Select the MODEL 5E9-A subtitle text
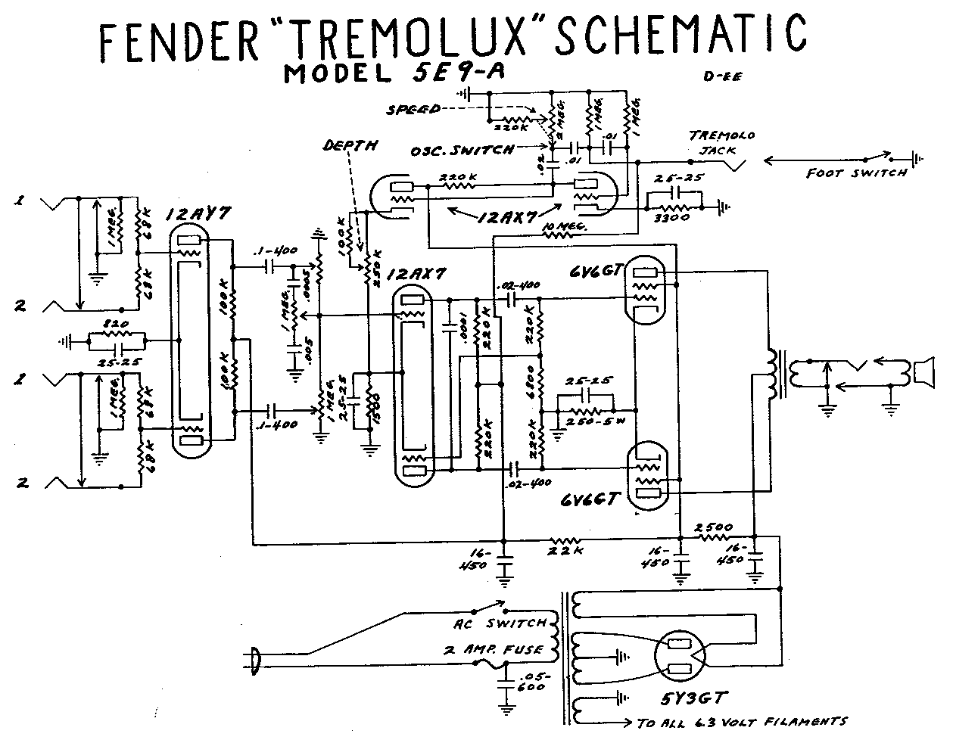point(394,74)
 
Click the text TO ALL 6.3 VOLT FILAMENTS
point(742,723)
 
